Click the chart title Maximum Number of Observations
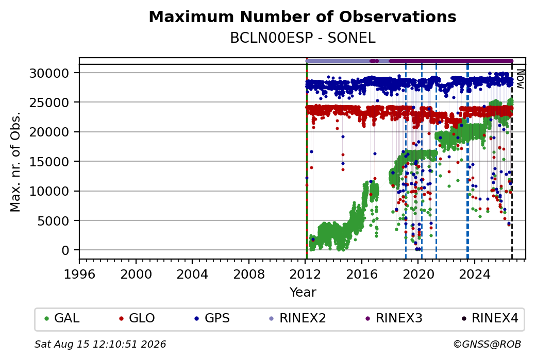click(x=303, y=16)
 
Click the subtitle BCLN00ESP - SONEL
click(x=303, y=38)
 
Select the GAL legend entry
click(x=62, y=318)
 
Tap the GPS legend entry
click(x=212, y=318)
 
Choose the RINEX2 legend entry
click(x=297, y=318)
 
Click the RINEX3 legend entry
click(x=394, y=318)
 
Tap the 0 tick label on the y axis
click(x=65, y=250)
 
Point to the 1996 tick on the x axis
click(x=79, y=275)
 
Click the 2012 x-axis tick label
click(x=305, y=275)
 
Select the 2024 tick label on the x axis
click(x=475, y=275)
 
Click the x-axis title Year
click(x=303, y=293)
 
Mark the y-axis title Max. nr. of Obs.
click(x=15, y=162)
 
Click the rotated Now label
click(x=520, y=79)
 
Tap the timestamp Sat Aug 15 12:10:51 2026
click(x=100, y=344)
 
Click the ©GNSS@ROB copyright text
click(x=488, y=344)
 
